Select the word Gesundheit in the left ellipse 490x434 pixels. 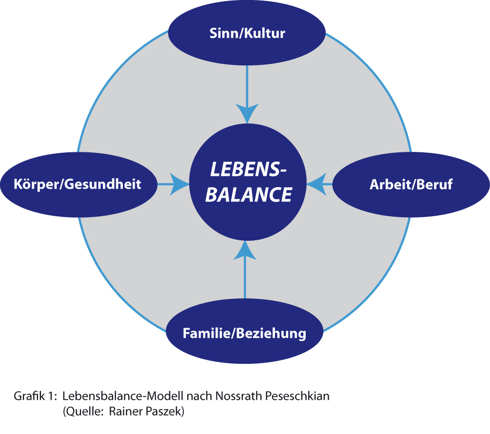pos(103,184)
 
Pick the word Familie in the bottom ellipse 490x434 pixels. pos(206,333)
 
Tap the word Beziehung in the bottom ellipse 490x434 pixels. pos(271,333)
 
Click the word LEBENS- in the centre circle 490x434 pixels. pos(248,169)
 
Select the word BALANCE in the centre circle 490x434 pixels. pos(249,195)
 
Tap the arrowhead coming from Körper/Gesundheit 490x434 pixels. pos(180,185)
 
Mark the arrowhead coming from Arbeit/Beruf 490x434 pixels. pos(316,185)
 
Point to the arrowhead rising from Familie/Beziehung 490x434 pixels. pos(245,250)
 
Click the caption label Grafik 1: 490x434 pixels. pos(35,396)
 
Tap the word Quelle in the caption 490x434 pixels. pos(84,411)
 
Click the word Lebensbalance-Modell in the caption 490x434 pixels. pos(123,396)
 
